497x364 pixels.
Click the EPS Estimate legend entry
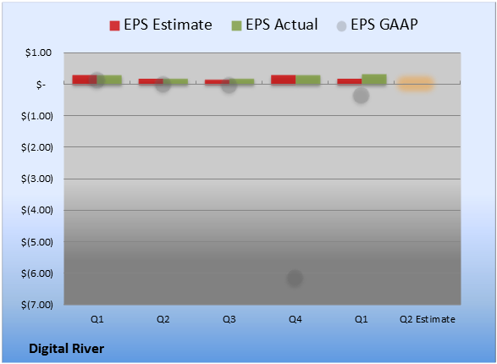click(161, 25)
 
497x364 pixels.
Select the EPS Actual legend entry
click(274, 25)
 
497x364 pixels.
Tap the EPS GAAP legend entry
click(377, 25)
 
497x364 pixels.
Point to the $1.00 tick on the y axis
click(38, 52)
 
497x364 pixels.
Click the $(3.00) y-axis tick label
click(37, 179)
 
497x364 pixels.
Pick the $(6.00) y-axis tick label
click(37, 273)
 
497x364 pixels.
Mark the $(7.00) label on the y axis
click(37, 305)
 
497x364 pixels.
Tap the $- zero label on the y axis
click(41, 85)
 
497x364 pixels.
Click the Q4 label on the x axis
click(295, 319)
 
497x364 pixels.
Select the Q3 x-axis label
click(229, 319)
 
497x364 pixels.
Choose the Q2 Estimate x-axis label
click(428, 319)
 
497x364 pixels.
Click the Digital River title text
click(66, 349)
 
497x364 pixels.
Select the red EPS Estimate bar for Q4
click(284, 80)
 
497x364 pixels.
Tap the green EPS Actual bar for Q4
click(308, 80)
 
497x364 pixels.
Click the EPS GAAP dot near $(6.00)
click(295, 278)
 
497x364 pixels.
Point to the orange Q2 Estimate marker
click(415, 84)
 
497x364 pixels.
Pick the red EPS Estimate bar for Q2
click(151, 82)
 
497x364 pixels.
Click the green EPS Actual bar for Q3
click(242, 82)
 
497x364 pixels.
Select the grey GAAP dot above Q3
click(229, 85)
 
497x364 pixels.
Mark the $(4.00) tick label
click(37, 210)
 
